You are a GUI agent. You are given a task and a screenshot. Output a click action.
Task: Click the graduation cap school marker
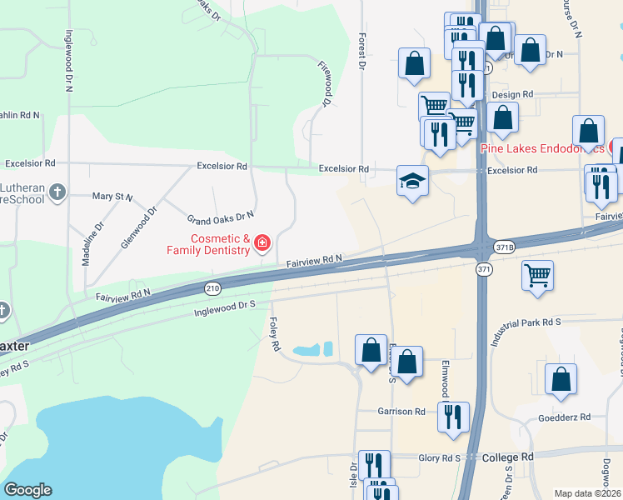(412, 181)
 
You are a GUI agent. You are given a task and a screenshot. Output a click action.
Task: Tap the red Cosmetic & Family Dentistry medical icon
(262, 243)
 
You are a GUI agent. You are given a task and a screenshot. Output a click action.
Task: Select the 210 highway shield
(213, 287)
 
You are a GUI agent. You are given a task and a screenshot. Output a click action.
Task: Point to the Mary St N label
(112, 197)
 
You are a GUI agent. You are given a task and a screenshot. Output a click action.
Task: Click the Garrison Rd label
(401, 412)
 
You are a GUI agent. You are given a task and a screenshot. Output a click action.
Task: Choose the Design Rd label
(506, 95)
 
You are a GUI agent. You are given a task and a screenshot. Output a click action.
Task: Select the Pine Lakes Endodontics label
(542, 148)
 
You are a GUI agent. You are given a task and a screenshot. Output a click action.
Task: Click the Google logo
(28, 490)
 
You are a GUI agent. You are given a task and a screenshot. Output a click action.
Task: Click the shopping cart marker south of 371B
(537, 275)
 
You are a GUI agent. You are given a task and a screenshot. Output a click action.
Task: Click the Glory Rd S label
(439, 457)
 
